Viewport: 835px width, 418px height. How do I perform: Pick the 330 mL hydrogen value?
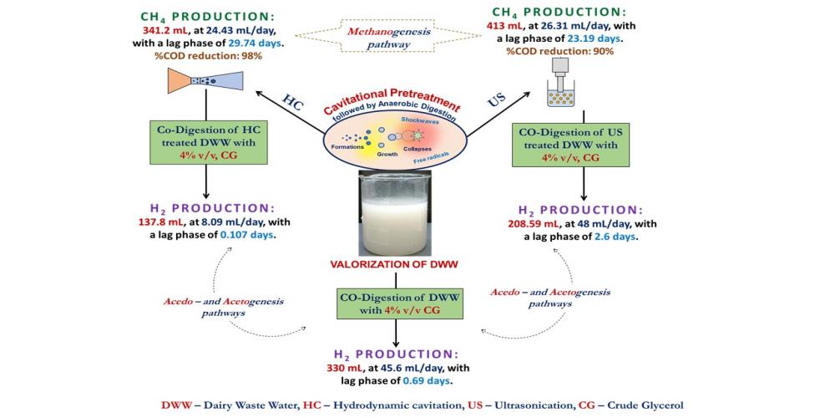[347, 367]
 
